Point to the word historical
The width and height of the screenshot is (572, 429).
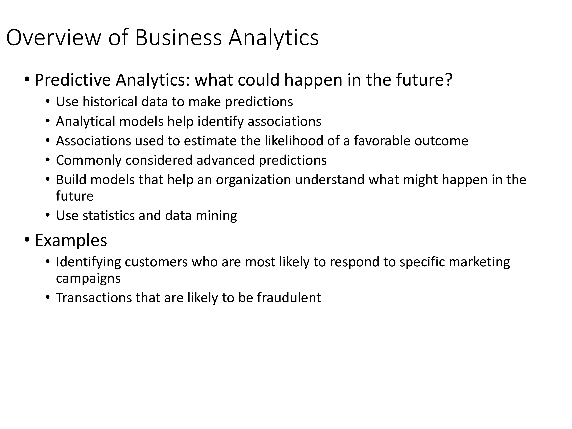click(x=110, y=102)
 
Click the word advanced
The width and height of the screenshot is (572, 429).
click(x=226, y=160)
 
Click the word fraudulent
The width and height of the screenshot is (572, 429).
click(x=289, y=298)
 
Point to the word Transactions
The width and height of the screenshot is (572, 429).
click(x=94, y=298)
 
